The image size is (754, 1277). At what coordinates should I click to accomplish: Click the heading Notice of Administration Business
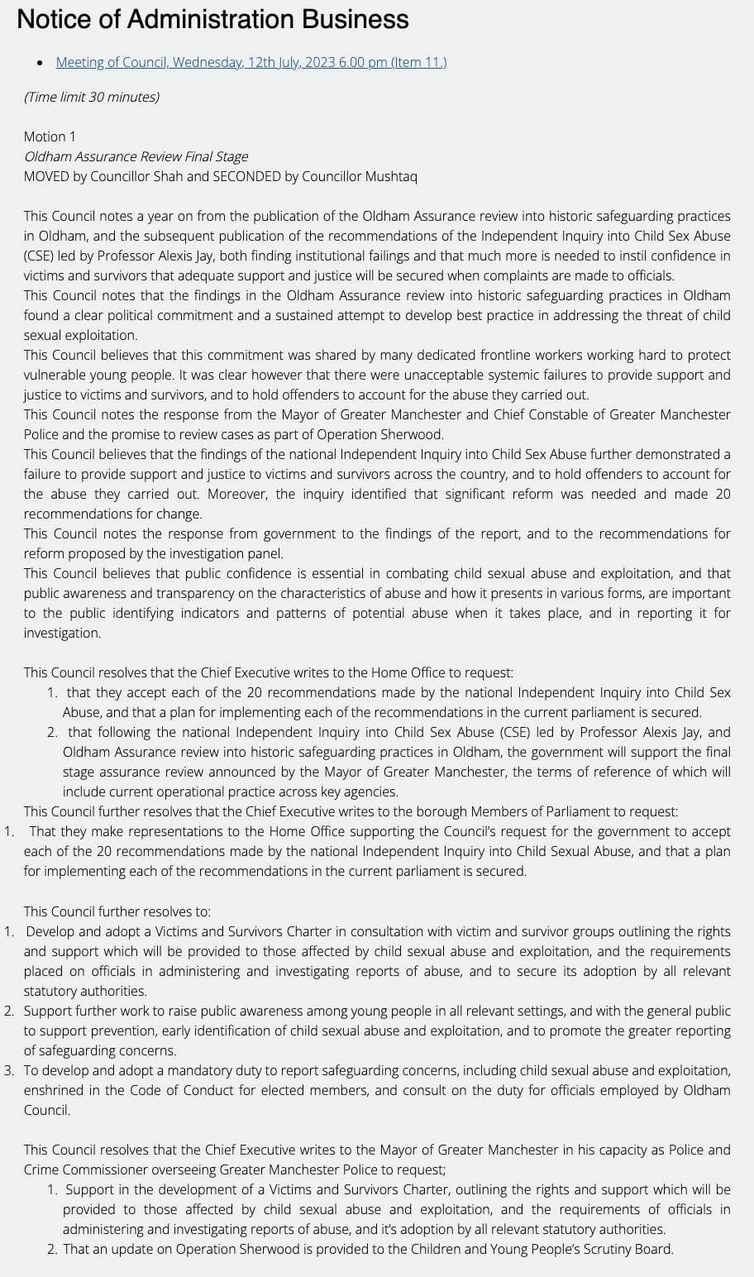pyautogui.click(x=212, y=19)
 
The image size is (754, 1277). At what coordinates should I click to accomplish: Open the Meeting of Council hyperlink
pyautogui.click(x=251, y=62)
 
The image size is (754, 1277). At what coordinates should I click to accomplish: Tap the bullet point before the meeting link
pyautogui.click(x=40, y=63)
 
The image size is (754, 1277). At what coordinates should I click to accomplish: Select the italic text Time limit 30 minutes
pyautogui.click(x=92, y=97)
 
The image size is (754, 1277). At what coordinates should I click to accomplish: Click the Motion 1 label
pyautogui.click(x=50, y=136)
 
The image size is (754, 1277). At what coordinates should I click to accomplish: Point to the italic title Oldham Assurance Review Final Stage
pyautogui.click(x=136, y=156)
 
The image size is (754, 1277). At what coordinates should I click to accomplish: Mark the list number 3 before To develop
pyautogui.click(x=8, y=1070)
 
